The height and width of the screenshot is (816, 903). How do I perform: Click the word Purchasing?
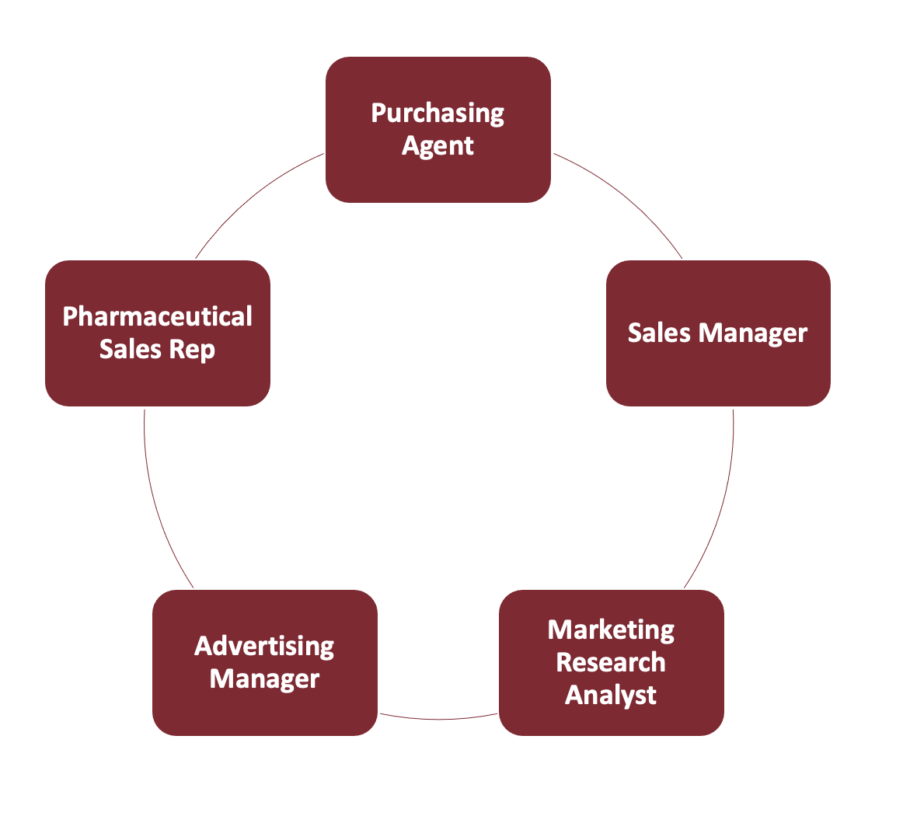click(x=438, y=113)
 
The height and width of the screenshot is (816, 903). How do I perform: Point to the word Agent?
click(x=438, y=146)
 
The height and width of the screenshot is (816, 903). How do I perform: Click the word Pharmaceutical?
click(x=157, y=317)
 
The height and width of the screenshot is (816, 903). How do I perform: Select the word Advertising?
click(x=264, y=646)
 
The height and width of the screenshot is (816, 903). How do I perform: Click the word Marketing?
click(x=611, y=629)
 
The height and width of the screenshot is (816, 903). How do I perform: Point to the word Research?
click(x=611, y=662)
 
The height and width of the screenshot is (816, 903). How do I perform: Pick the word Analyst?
click(x=611, y=695)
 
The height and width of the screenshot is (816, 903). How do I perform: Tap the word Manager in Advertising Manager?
click(x=264, y=679)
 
